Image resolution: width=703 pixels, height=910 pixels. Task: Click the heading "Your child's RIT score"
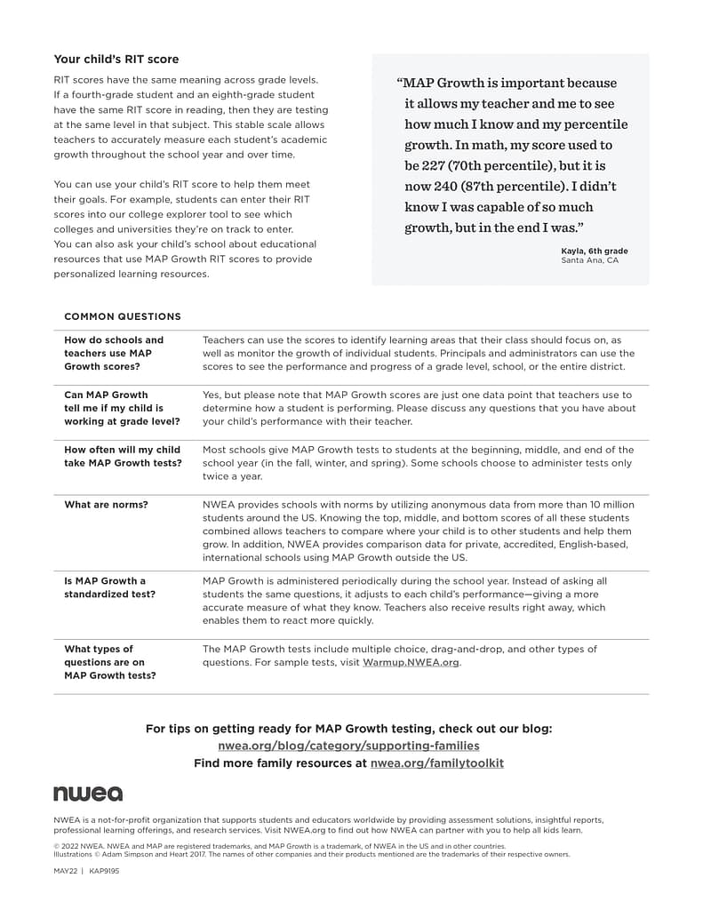point(116,60)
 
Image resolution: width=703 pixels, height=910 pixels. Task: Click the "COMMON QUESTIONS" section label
point(123,316)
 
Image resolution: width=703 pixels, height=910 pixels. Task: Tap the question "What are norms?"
point(106,505)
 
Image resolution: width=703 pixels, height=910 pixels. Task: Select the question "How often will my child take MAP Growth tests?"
point(122,456)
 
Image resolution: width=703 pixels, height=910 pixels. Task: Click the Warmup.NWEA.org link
point(411,662)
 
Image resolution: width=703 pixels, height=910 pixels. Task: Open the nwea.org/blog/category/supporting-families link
point(348,746)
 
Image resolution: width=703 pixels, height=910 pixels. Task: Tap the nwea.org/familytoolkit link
point(436,762)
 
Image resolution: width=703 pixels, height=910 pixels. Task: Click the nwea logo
point(88,794)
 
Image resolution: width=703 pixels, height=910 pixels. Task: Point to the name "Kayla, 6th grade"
point(594,251)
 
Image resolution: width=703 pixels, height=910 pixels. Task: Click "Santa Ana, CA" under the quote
point(589,260)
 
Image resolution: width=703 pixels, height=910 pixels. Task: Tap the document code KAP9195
point(104,872)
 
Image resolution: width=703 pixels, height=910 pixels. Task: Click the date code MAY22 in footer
point(66,872)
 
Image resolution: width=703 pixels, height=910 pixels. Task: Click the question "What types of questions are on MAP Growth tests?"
point(109,662)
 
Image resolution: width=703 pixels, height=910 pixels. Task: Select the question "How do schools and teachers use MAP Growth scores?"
point(114,353)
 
